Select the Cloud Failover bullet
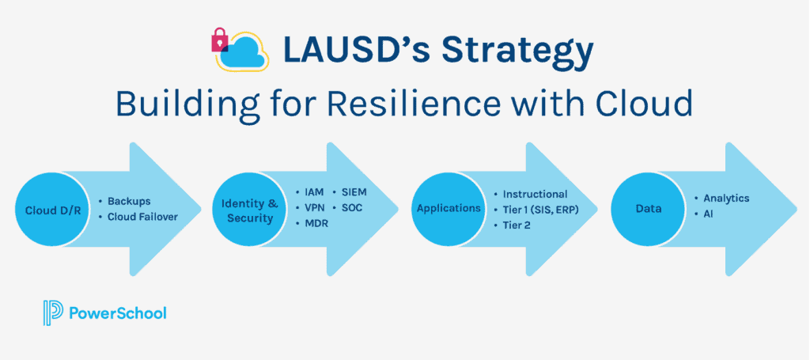[138, 217]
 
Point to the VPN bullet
[309, 208]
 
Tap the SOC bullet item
[347, 208]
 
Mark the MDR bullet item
[309, 224]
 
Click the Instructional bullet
[531, 194]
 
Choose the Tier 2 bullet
[512, 225]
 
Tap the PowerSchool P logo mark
[53, 313]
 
